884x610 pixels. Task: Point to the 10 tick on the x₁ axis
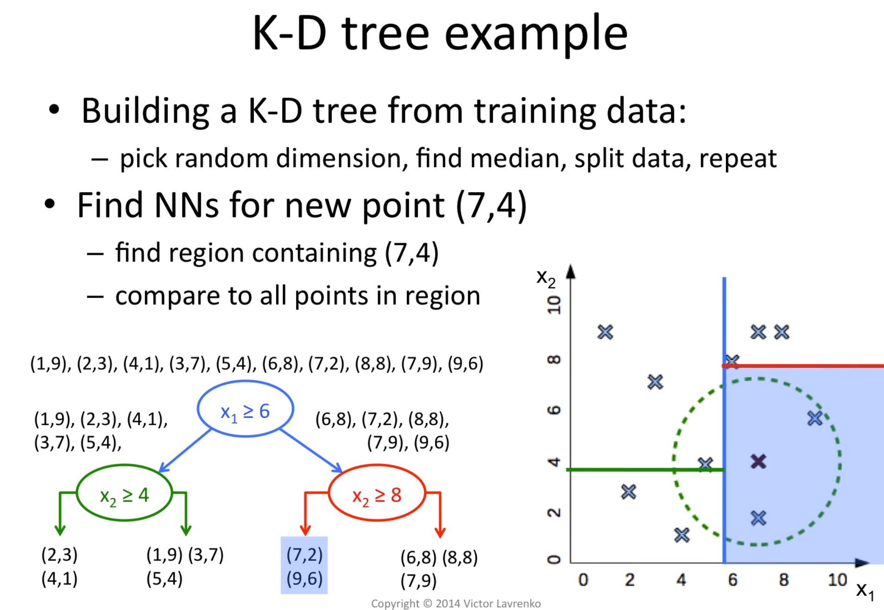[837, 580]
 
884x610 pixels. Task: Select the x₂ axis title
[546, 278]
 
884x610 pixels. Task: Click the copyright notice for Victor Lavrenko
[456, 604]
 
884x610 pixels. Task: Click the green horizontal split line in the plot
[645, 470]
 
